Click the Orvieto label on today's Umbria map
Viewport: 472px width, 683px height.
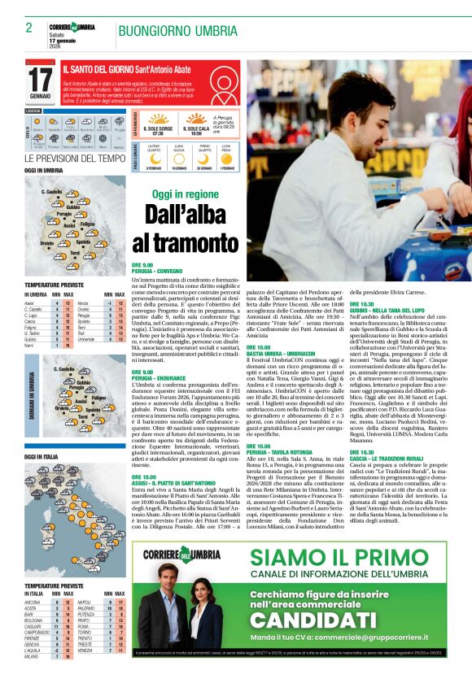[46, 242]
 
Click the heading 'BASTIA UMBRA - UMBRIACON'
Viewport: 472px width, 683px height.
[278, 345]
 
